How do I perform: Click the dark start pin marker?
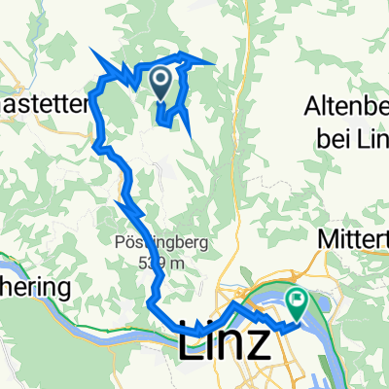tap(162, 84)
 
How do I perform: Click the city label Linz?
tap(225, 344)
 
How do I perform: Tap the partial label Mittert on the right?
tap(357, 236)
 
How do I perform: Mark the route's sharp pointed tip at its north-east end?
tap(213, 58)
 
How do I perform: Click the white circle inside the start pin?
tap(162, 79)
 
